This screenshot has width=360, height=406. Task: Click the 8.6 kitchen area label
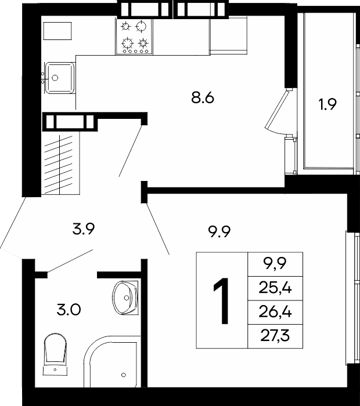(x=203, y=98)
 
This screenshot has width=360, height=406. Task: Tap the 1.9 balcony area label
(x=327, y=104)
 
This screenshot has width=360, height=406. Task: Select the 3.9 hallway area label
(x=84, y=229)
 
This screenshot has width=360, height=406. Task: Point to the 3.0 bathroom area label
(x=69, y=310)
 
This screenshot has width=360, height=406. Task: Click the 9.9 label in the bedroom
(x=219, y=231)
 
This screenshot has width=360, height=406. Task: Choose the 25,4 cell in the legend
(x=275, y=288)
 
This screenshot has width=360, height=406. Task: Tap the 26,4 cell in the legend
(x=275, y=312)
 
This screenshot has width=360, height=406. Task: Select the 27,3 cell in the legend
(x=275, y=336)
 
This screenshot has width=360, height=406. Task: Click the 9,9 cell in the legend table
(x=275, y=264)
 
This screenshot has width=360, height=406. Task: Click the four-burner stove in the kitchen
(x=134, y=37)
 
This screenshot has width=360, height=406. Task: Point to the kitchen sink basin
(x=60, y=78)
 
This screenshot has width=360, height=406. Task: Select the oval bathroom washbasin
(x=125, y=298)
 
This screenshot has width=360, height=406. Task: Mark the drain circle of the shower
(x=124, y=375)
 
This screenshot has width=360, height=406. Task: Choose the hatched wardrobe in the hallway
(x=60, y=164)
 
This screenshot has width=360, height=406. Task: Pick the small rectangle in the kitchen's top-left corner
(x=57, y=31)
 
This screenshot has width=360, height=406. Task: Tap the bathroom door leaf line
(x=70, y=261)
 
